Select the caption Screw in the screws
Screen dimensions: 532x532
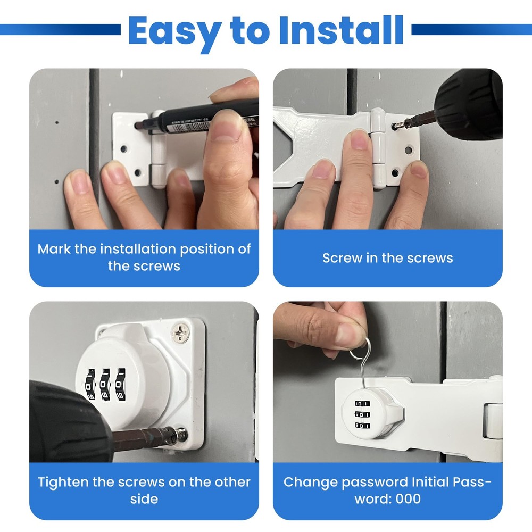(387, 258)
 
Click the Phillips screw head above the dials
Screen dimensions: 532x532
(179, 332)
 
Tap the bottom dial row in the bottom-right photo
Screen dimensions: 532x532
(362, 426)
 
